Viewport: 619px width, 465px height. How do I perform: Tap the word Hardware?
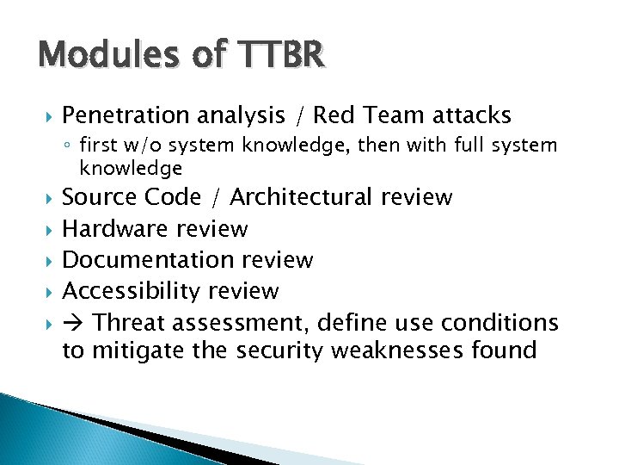tap(115, 228)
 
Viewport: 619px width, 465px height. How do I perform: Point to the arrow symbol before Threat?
tap(74, 323)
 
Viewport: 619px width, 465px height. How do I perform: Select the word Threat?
tap(129, 323)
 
